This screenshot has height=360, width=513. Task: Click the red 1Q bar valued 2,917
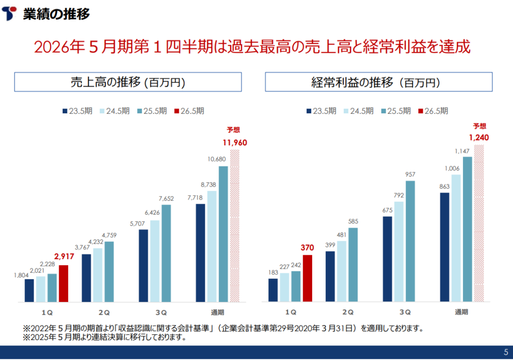63,283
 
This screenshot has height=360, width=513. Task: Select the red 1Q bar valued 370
307,278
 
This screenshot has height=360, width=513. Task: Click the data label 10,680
222,159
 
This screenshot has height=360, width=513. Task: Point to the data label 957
410,174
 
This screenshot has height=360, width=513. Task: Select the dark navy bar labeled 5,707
143,266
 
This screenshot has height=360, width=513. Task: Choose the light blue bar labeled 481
342,271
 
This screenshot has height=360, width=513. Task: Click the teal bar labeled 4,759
109,272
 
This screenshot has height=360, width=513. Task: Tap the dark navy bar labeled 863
444,247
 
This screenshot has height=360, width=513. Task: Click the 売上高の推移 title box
128,83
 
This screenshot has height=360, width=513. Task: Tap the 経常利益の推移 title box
378,83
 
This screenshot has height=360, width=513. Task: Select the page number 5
505,351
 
